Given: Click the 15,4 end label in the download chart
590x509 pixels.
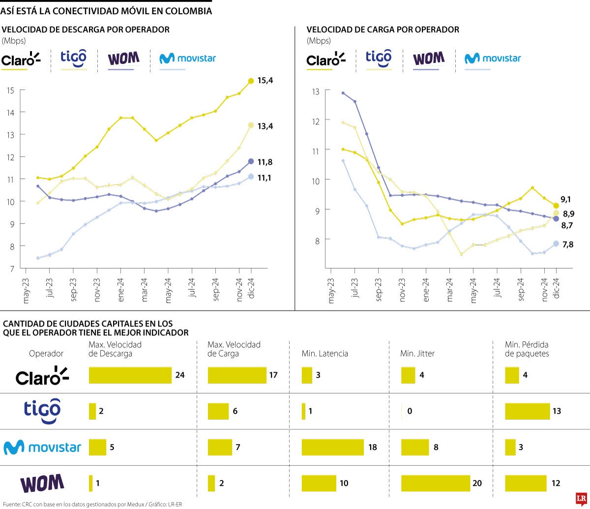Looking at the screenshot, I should click(265, 81).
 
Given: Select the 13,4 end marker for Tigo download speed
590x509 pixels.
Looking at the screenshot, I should click(251, 125).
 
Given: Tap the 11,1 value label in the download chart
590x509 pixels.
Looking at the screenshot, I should click(265, 177).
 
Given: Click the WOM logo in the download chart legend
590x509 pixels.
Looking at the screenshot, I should click(123, 58).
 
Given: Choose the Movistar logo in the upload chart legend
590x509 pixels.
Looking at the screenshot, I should click(493, 58).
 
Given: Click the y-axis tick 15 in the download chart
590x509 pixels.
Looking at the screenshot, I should click(10, 90).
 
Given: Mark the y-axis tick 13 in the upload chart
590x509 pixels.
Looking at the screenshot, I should click(315, 91).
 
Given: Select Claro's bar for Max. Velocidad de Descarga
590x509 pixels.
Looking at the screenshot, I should click(130, 375).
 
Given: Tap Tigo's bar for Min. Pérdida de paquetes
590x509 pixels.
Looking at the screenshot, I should click(527, 411).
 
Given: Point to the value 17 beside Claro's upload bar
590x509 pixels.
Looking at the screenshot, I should click(273, 375).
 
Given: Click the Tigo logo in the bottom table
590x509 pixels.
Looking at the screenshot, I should click(42, 411).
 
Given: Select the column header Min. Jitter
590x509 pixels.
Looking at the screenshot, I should click(417, 353).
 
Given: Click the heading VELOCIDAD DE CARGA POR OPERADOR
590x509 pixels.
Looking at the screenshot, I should click(383, 29).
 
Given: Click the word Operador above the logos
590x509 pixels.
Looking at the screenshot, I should click(46, 353).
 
